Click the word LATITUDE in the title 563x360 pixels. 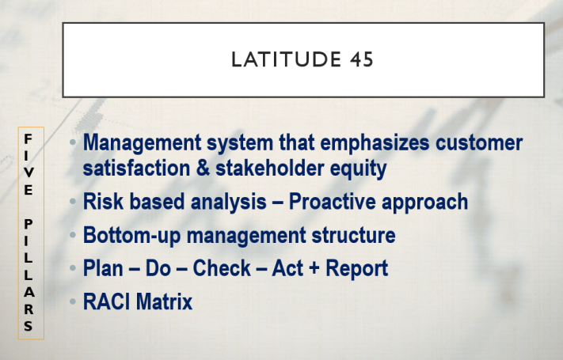click(x=286, y=59)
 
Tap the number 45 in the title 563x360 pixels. click(x=362, y=59)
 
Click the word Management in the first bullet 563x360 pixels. click(x=143, y=143)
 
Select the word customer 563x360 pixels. click(x=479, y=142)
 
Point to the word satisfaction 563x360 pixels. click(x=136, y=168)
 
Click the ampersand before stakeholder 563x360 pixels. click(x=203, y=168)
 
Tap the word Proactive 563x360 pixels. click(x=332, y=201)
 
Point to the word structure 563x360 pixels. click(x=353, y=235)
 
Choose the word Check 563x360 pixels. click(x=222, y=268)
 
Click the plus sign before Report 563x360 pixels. click(x=314, y=269)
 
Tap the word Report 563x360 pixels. click(x=356, y=269)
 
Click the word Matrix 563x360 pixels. click(x=165, y=301)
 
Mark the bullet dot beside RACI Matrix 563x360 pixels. click(x=73, y=301)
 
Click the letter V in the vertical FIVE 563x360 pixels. click(x=29, y=172)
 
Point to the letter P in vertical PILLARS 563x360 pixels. click(x=29, y=224)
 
